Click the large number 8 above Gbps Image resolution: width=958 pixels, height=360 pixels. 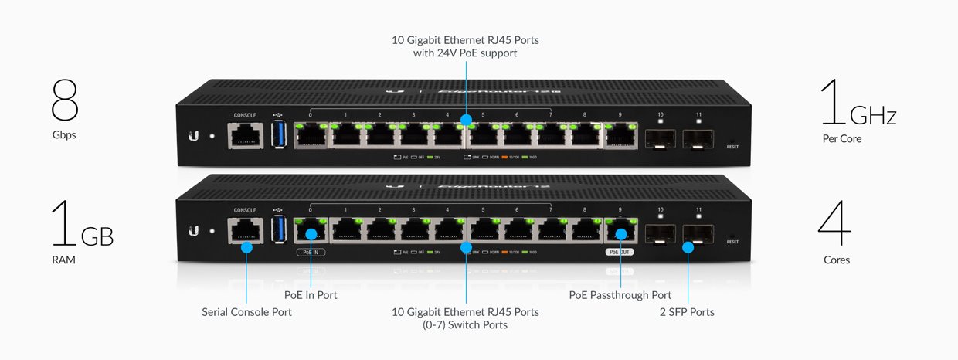coord(66,100)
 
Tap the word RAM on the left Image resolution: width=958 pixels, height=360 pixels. coord(64,260)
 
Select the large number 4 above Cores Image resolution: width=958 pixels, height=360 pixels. coord(835,226)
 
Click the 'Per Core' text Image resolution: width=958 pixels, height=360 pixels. coord(842,139)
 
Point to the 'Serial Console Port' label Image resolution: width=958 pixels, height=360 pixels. coord(246,312)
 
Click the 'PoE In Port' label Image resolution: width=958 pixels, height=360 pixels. coord(311,295)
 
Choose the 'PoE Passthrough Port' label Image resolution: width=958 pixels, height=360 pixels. coord(620,295)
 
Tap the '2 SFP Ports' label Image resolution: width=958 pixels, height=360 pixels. coord(688,312)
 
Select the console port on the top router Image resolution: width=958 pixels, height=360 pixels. coord(245,137)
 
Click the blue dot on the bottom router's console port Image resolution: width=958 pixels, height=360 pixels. coord(246,247)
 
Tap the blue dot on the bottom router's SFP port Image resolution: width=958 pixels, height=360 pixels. coord(688,247)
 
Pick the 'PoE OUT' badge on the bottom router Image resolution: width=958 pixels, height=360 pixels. coord(620,252)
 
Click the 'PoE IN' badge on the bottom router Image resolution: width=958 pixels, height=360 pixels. coord(311,252)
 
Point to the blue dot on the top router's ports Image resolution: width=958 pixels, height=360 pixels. coord(466,121)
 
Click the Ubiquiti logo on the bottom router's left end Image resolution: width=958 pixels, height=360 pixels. coord(193,231)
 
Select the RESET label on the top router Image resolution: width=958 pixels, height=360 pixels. coord(732,146)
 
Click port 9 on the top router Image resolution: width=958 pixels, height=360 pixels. coord(620,136)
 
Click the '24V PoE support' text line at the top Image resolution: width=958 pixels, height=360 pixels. coord(465,53)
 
